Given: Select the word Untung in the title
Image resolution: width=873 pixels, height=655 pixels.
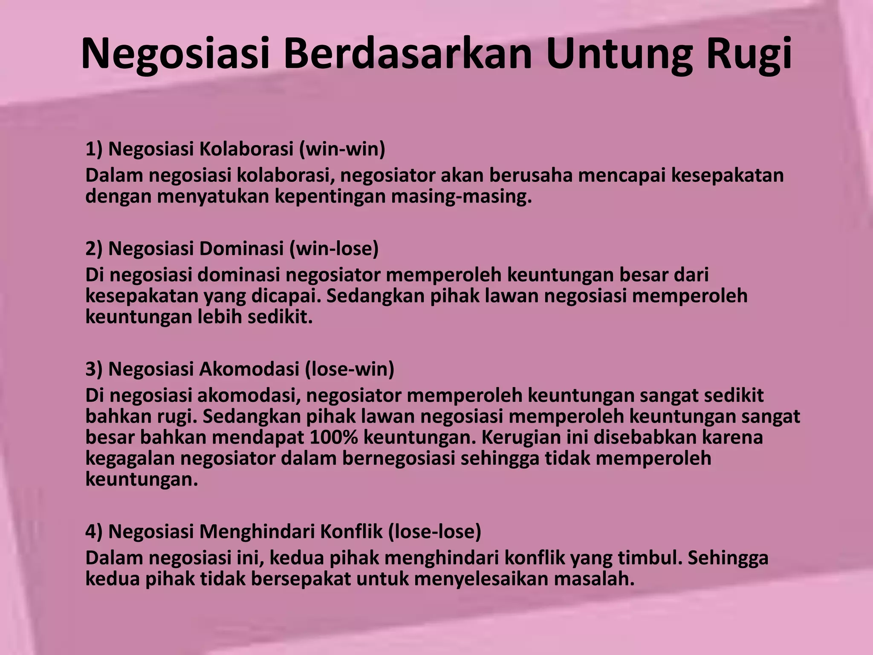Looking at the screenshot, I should (620, 55).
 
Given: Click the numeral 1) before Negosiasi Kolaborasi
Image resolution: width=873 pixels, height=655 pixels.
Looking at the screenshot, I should (94, 149).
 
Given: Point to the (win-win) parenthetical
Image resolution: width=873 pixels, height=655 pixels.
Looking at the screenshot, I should (342, 149).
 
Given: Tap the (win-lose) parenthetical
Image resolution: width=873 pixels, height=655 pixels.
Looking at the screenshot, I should (334, 249).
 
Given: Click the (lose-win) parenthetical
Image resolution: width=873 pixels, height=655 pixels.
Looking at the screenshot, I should (350, 369).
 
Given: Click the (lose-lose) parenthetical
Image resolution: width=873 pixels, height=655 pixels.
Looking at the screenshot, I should (434, 532).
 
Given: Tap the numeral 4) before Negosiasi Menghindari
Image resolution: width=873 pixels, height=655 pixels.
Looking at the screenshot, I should (94, 532).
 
